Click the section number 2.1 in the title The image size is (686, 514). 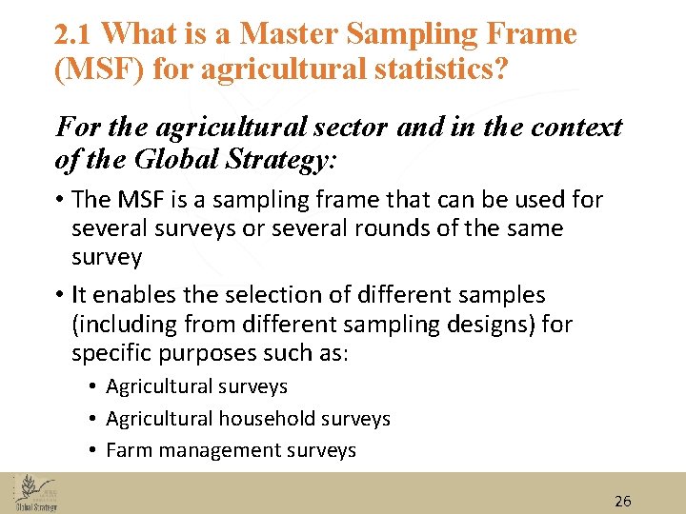coord(74,35)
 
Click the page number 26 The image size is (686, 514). coord(623,501)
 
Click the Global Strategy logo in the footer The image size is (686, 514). coord(35,492)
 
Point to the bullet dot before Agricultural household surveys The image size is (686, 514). coord(95,420)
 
